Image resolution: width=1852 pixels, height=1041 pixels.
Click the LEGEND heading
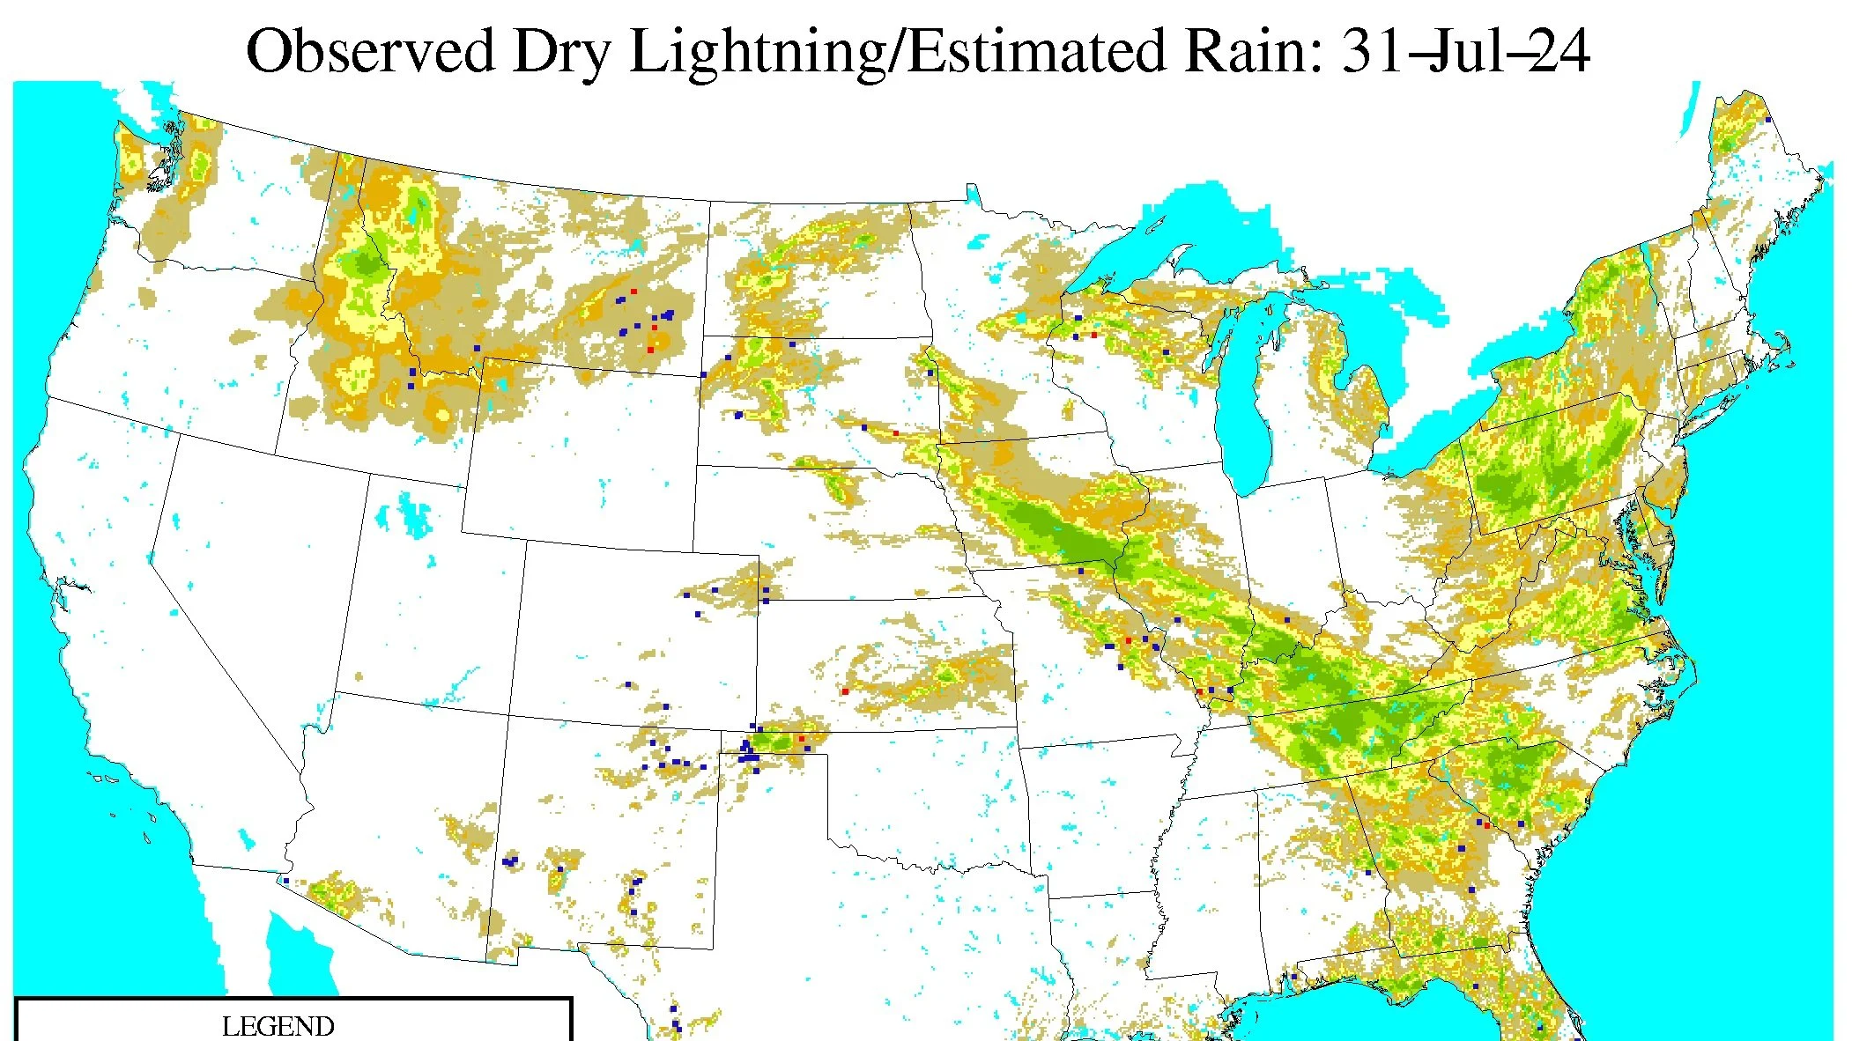pos(278,1026)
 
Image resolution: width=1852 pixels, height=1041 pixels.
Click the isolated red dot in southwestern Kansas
pos(845,691)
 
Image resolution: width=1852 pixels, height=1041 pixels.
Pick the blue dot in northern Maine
pos(1768,119)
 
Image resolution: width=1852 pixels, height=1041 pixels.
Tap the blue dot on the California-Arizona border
pos(285,880)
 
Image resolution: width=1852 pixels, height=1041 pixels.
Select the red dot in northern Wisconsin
pos(1094,335)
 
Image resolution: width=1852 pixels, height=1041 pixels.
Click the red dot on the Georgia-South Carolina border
pos(1487,825)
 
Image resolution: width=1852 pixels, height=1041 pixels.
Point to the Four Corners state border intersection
pos(508,715)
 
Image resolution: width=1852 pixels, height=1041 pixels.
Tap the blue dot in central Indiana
pos(1287,620)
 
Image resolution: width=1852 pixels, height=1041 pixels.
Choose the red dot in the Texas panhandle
pos(801,738)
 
